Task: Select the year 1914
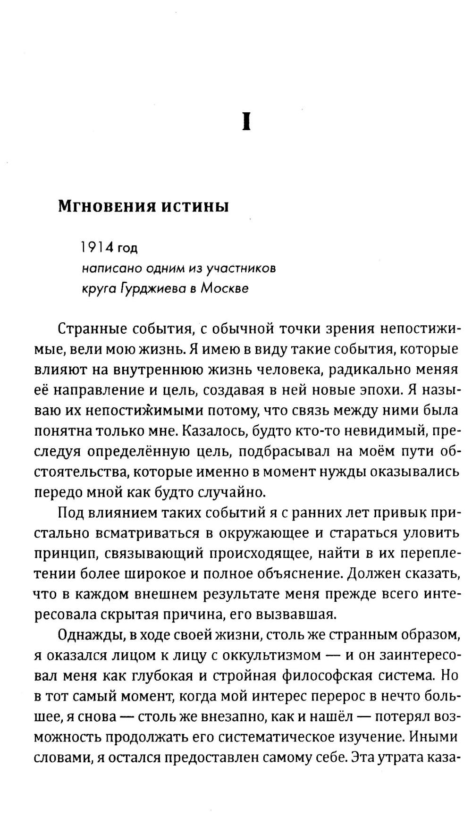tap(97, 247)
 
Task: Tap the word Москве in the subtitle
tap(224, 288)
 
